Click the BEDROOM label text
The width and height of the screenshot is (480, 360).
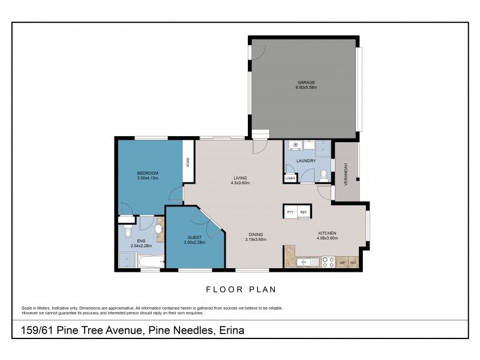147,173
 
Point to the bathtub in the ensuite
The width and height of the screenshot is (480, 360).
150,261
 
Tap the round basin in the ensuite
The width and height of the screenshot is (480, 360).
160,229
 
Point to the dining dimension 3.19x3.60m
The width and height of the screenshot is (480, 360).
255,239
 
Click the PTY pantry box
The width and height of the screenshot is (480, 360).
290,212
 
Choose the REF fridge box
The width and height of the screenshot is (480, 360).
304,212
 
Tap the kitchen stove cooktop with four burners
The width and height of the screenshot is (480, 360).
329,262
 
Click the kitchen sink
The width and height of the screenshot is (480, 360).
307,262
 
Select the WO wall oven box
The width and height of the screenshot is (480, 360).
353,262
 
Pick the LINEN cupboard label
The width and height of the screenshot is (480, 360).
290,178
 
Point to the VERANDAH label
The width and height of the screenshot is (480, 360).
346,173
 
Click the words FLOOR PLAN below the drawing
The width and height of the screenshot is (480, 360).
241,289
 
